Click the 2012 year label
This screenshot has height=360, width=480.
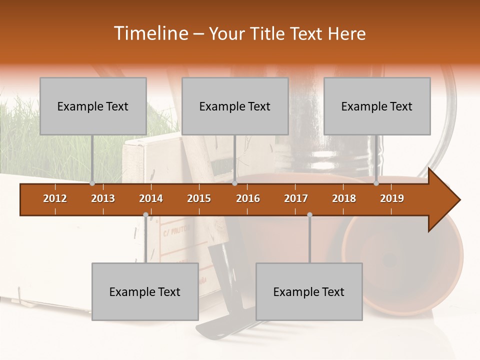pyautogui.click(x=55, y=198)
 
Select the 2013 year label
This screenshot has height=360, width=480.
pyautogui.click(x=103, y=198)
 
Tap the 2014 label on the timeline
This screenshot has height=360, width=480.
pyautogui.click(x=151, y=198)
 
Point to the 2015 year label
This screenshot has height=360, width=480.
pyautogui.click(x=199, y=198)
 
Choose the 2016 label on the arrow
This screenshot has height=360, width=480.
pyautogui.click(x=248, y=198)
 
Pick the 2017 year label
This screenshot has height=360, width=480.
pyautogui.click(x=296, y=198)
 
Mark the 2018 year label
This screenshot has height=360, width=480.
pyautogui.click(x=344, y=198)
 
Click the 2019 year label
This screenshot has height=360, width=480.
pyautogui.click(x=392, y=198)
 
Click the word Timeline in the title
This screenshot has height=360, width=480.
pyautogui.click(x=149, y=33)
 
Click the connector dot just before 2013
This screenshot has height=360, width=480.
pyautogui.click(x=92, y=183)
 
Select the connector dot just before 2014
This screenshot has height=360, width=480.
pyautogui.click(x=145, y=215)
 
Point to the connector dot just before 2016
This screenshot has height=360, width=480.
pyautogui.click(x=234, y=183)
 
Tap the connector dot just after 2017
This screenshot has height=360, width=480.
pyautogui.click(x=309, y=215)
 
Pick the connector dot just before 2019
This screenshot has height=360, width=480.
pyautogui.click(x=376, y=183)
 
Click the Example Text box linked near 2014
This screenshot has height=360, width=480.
pyautogui.click(x=145, y=291)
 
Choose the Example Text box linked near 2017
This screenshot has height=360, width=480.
pyautogui.click(x=309, y=291)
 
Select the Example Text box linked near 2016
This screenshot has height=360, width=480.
pyautogui.click(x=235, y=106)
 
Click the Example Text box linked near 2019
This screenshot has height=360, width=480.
pyautogui.click(x=377, y=106)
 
